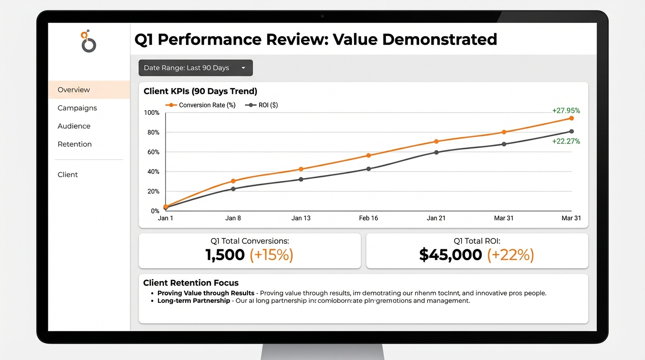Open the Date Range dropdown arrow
243,68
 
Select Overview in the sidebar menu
74,90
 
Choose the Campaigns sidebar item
77,108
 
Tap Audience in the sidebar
74,126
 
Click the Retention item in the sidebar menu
75,144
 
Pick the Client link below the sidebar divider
67,175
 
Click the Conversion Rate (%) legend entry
201,105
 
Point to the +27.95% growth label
566,111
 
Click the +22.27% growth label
566,141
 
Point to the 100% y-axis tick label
151,112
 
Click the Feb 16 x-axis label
368,218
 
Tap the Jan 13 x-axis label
301,218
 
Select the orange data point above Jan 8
233,181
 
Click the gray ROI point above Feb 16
368,169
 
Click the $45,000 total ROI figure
450,255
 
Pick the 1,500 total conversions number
225,255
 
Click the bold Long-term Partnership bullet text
194,300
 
